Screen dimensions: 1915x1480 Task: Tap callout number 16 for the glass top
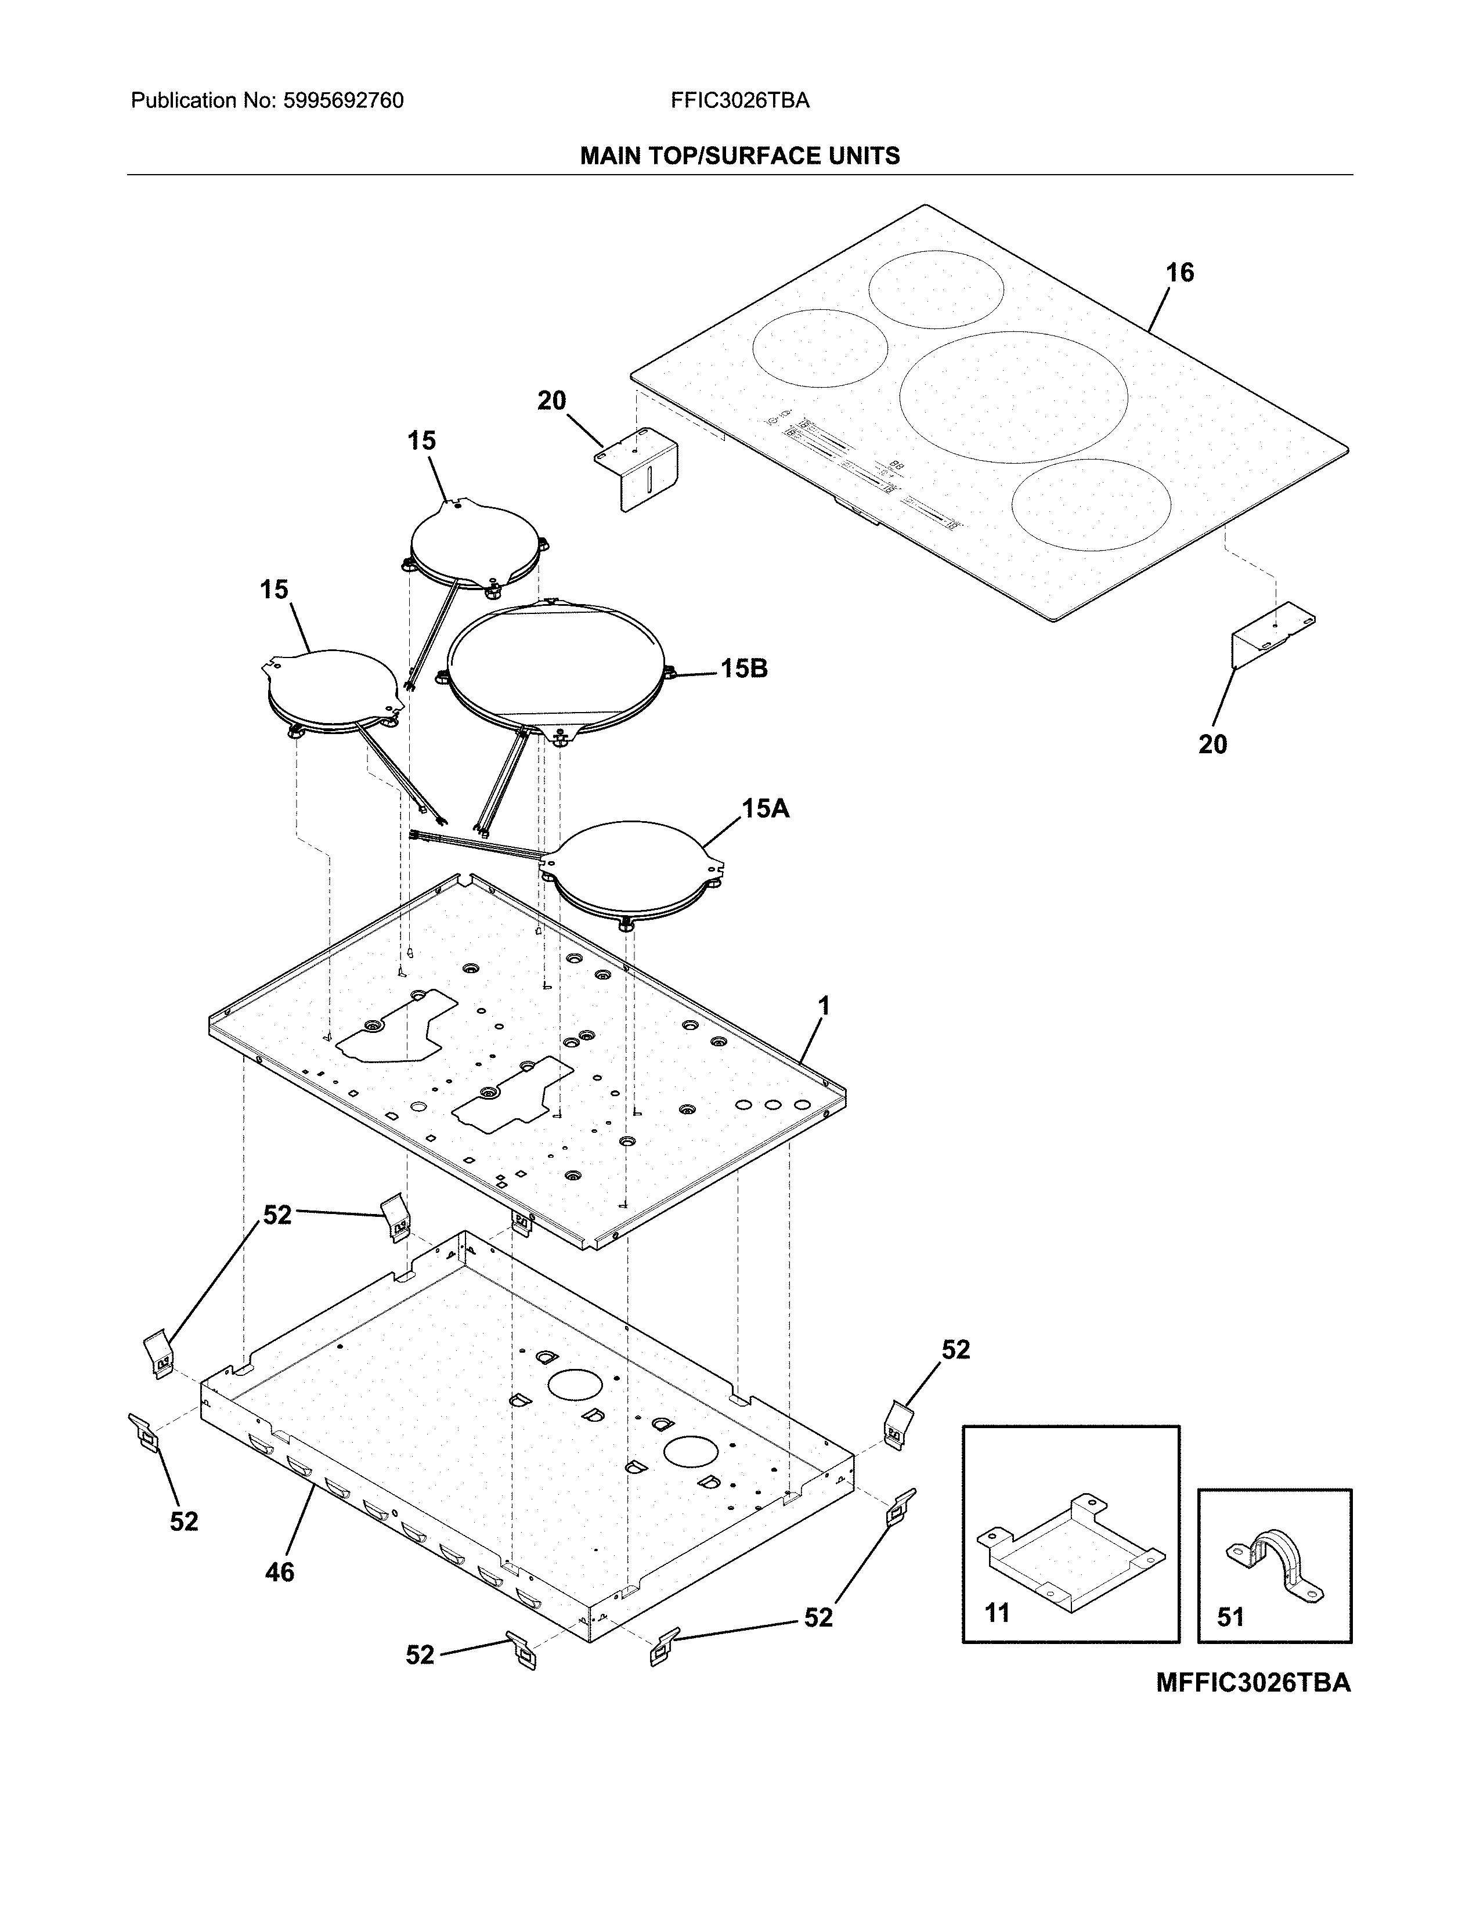click(x=1179, y=273)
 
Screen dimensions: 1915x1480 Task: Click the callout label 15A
click(x=766, y=808)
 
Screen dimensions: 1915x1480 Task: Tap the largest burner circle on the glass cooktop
click(x=1013, y=396)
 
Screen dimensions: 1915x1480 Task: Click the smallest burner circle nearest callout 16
click(x=936, y=290)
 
